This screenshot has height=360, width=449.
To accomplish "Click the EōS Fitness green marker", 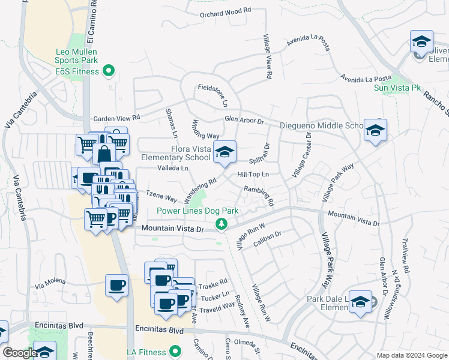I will (109, 71).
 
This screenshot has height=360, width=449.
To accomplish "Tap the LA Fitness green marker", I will (175, 350).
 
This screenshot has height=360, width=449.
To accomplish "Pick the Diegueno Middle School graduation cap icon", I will (375, 130).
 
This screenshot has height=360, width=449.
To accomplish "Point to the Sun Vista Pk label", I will (397, 88).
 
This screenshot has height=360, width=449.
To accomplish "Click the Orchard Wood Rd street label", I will (226, 11).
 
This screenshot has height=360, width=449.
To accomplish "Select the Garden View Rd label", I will (116, 118).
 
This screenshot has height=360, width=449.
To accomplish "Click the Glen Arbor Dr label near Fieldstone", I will (244, 119).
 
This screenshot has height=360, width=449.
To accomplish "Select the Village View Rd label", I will (268, 57).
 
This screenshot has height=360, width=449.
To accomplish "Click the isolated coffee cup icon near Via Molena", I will (116, 286).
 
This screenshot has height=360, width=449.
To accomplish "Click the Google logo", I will (19, 353).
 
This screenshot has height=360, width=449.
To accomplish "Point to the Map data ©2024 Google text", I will (411, 355).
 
